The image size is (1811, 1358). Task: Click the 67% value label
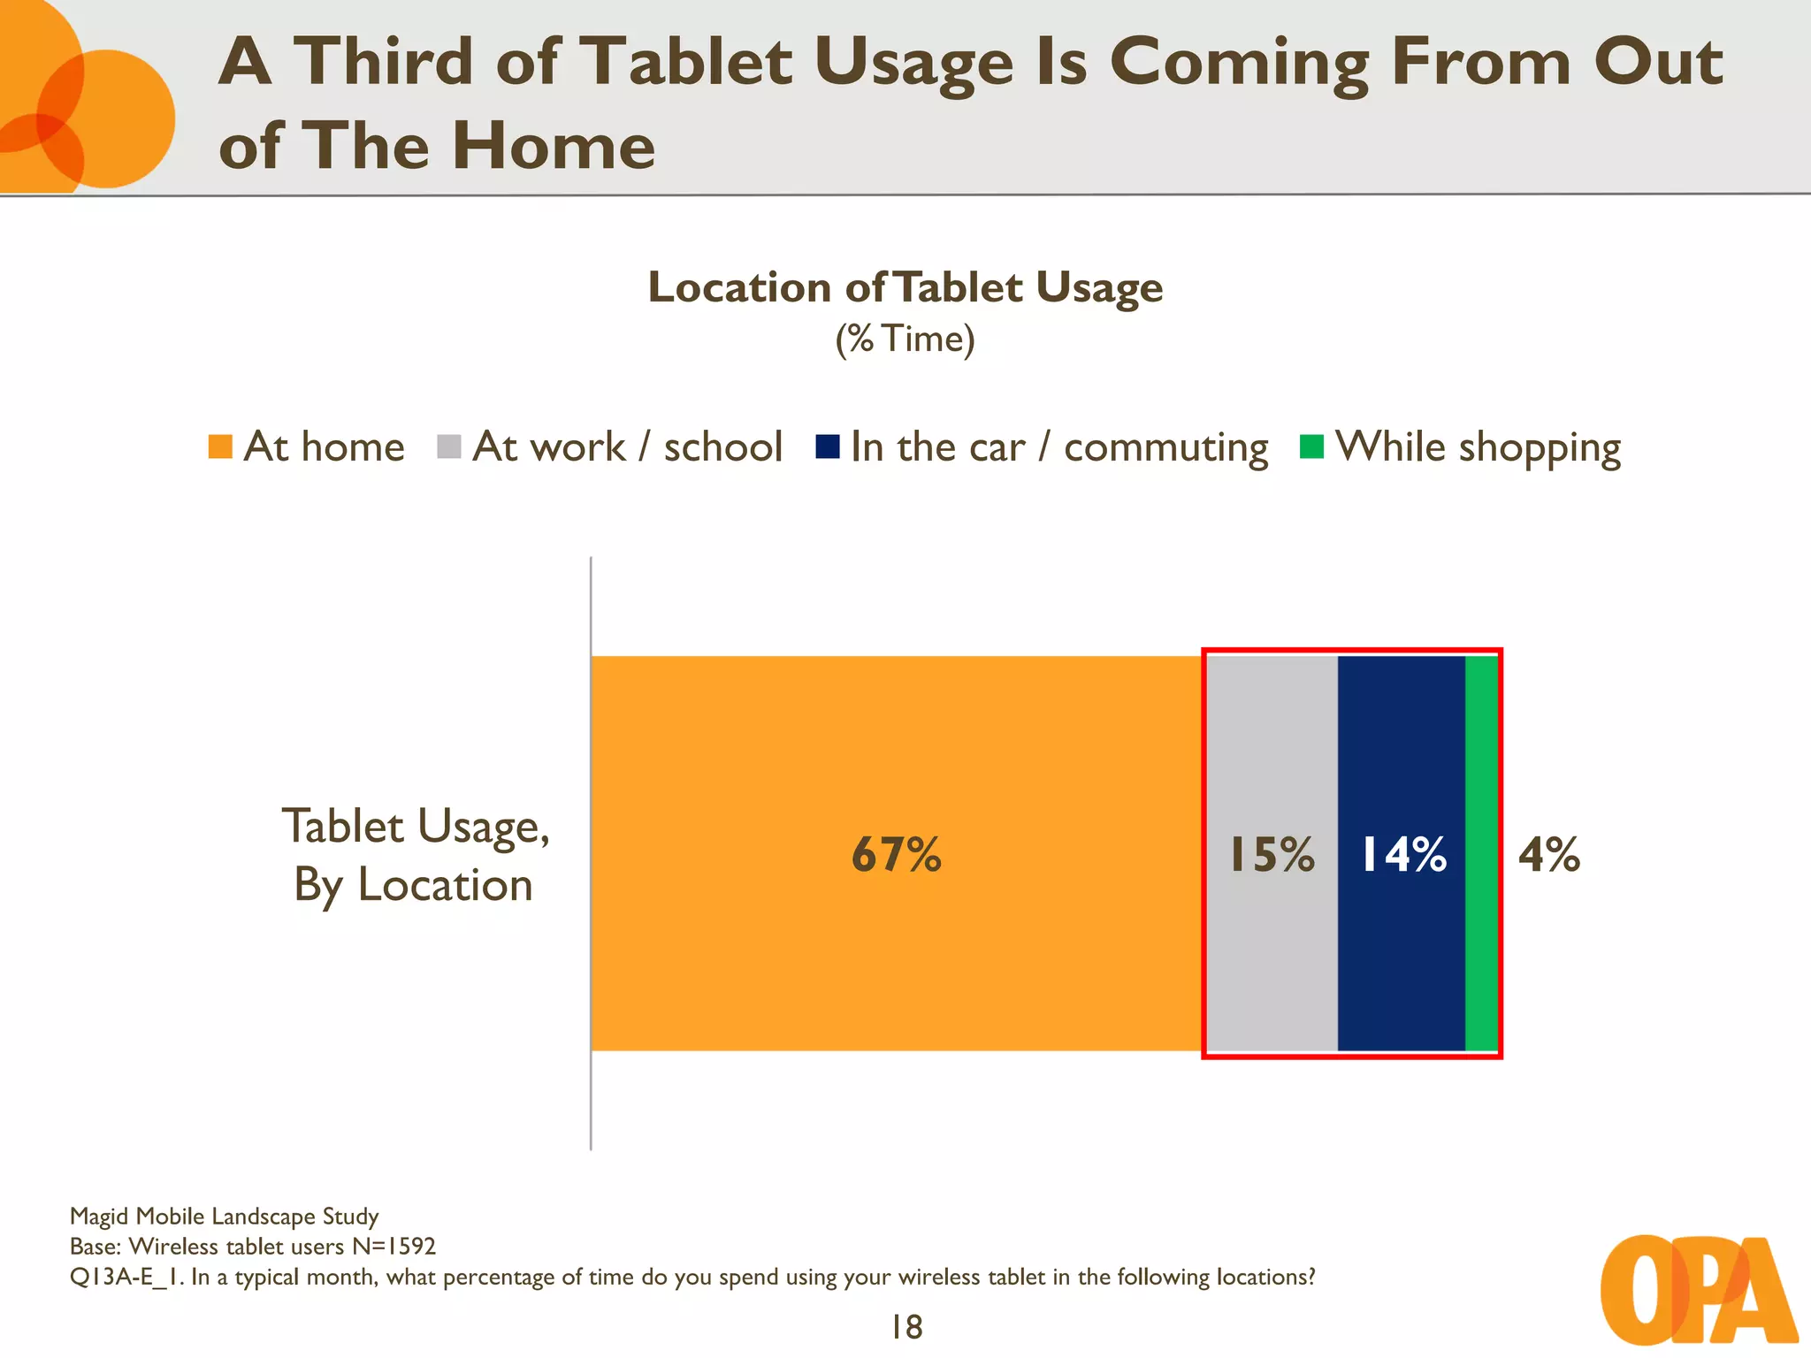896,855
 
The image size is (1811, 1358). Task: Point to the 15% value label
1272,855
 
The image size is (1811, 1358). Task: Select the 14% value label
1402,855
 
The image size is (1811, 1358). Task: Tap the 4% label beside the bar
1548,855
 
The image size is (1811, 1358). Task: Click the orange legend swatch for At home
220,446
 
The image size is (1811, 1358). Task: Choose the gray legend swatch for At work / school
449,446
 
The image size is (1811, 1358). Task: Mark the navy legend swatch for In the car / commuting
828,446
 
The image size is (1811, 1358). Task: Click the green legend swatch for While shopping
1311,446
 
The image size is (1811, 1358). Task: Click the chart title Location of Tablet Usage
905,287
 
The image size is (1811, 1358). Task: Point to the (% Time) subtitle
905,339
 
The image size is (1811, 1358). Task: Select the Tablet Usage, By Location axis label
415,855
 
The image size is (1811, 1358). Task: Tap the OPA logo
1698,1291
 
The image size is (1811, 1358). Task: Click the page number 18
906,1327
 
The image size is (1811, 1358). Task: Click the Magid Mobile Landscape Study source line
224,1217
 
